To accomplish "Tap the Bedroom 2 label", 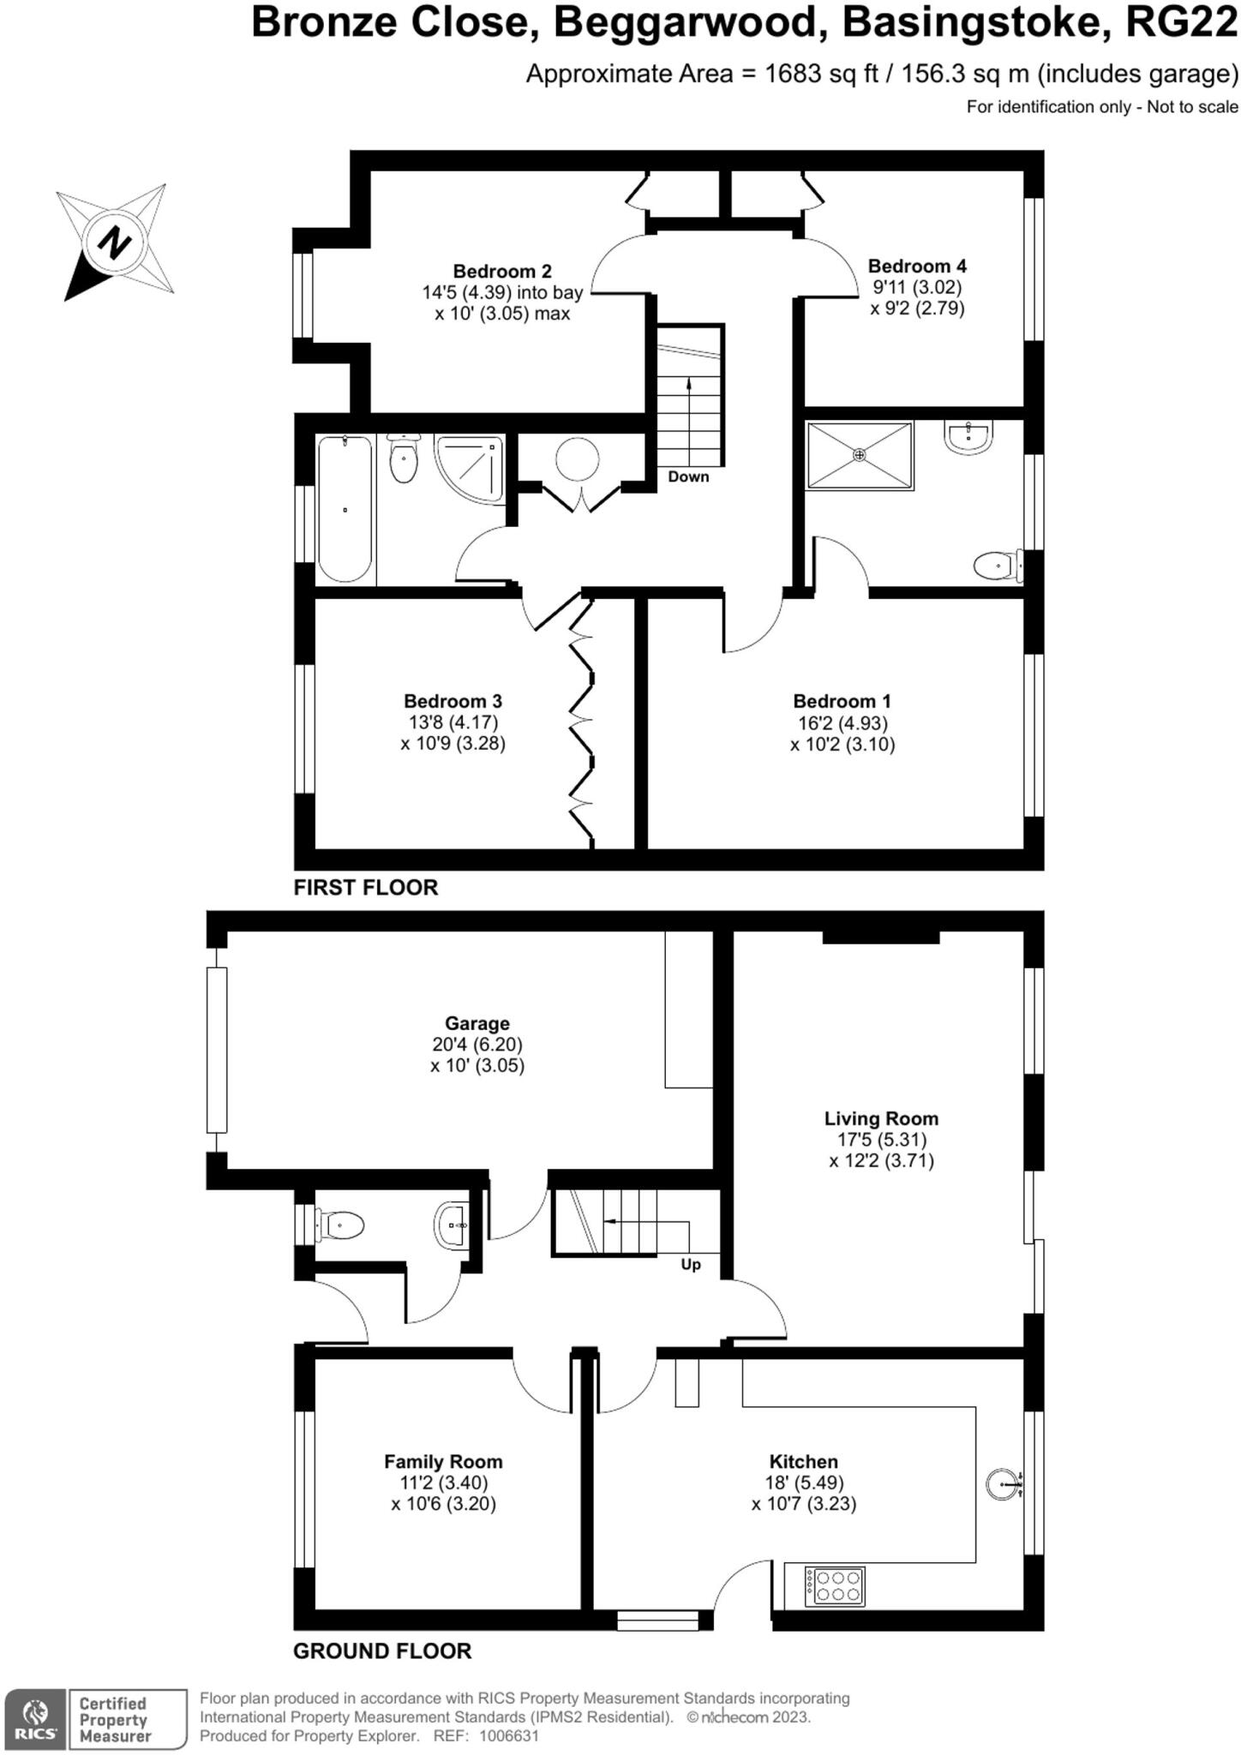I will pyautogui.click(x=501, y=272).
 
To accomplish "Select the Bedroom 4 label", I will pyautogui.click(x=917, y=267).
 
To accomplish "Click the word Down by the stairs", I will pyautogui.click(x=688, y=477).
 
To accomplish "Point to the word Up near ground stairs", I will pyautogui.click(x=691, y=1265).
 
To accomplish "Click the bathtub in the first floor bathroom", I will pyautogui.click(x=345, y=510).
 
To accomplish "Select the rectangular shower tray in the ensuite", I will pyautogui.click(x=860, y=455).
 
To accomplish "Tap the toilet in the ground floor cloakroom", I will pyautogui.click(x=340, y=1225).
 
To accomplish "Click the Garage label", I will pyautogui.click(x=477, y=1023).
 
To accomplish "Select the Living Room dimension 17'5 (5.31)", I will pyautogui.click(x=881, y=1140).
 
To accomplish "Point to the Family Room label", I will pyautogui.click(x=443, y=1462).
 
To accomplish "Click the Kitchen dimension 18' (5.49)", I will pyautogui.click(x=803, y=1482).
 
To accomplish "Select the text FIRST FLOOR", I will pyautogui.click(x=365, y=888).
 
